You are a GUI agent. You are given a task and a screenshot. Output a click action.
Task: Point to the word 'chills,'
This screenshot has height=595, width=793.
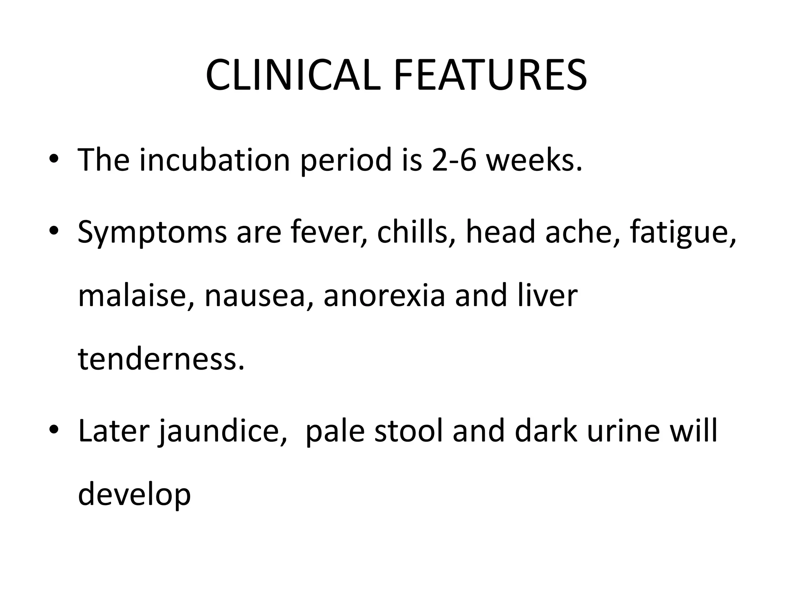click(412, 232)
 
